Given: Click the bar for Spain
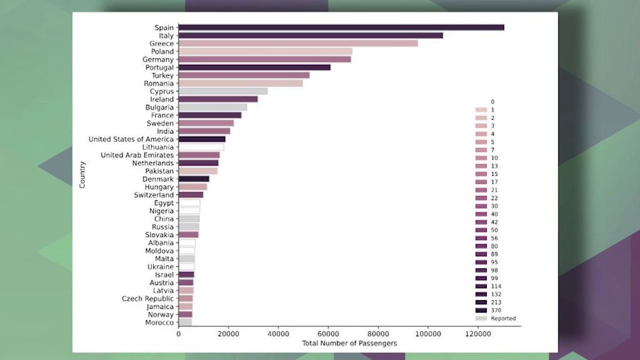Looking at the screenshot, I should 341,27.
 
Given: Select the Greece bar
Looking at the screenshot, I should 297,44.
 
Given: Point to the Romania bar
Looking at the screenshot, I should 240,83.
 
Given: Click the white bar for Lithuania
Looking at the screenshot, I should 201,147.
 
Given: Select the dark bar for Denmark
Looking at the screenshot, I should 193,179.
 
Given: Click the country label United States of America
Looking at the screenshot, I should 131,139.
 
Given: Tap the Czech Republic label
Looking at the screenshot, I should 147,299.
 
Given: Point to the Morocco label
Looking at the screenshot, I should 159,322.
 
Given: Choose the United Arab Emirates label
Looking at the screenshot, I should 137,155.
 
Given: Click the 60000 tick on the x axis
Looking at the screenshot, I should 328,334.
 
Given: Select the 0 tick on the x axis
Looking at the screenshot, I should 179,334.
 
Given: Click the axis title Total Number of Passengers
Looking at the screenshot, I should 349,344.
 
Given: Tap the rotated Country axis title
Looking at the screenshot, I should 82,175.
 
